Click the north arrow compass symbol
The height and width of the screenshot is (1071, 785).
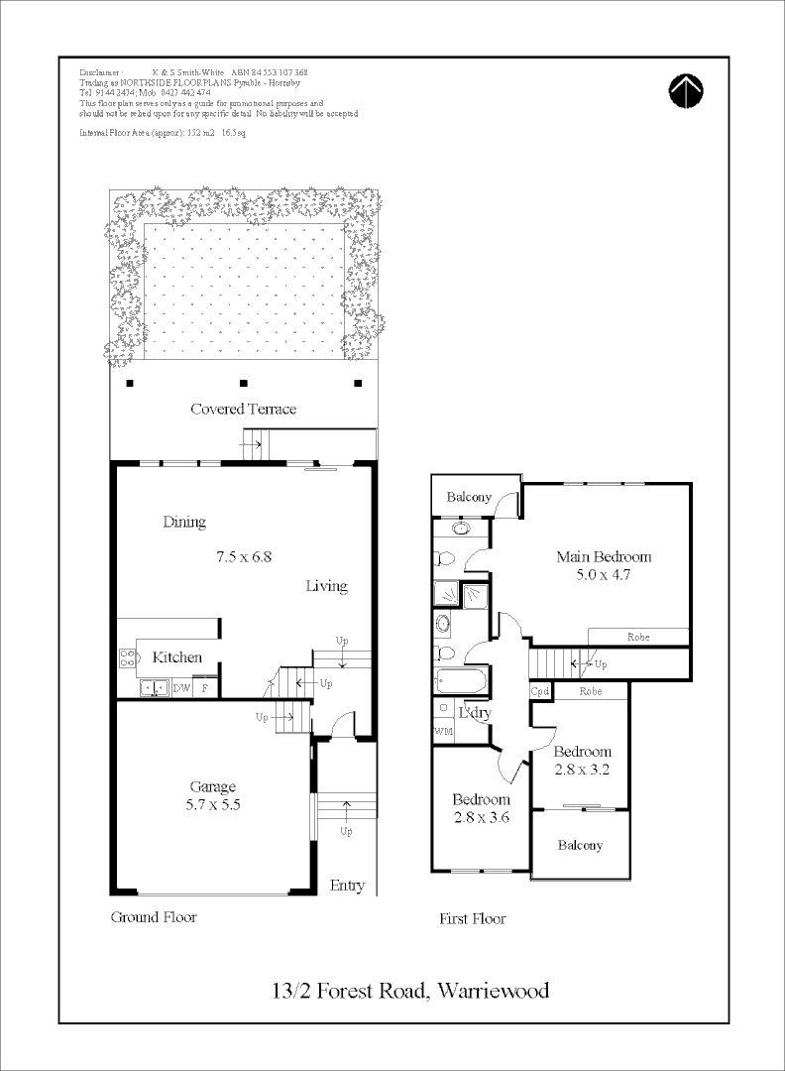[686, 90]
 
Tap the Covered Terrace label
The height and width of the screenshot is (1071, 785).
[243, 409]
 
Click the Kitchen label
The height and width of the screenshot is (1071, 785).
[176, 657]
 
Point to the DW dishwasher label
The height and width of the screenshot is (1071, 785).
[181, 687]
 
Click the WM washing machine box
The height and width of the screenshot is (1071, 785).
[443, 731]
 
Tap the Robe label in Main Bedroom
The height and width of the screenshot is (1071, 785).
[639, 637]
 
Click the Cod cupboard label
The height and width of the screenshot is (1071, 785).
[540, 691]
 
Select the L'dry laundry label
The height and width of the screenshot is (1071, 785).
[475, 713]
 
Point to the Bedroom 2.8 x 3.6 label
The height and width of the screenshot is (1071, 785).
[481, 808]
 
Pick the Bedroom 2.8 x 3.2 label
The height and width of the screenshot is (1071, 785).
[582, 760]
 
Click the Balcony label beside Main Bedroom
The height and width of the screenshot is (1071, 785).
[469, 497]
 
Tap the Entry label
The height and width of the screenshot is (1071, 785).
[347, 886]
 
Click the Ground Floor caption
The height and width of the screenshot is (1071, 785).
[153, 917]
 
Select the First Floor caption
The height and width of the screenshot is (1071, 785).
[473, 919]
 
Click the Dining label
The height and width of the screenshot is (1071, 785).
[184, 522]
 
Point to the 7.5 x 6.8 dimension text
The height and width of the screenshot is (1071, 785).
[244, 556]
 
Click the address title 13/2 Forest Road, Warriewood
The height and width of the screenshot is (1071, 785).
[410, 990]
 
